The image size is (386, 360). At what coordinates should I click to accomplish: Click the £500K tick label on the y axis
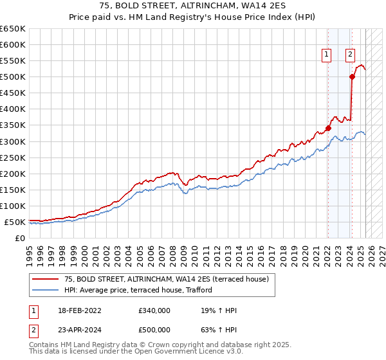pyautogui.click(x=12, y=77)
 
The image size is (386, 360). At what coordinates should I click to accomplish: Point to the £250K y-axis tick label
pyautogui.click(x=12, y=157)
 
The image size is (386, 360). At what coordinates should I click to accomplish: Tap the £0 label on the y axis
pyautogui.click(x=19, y=238)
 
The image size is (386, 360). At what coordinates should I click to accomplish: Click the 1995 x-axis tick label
pyautogui.click(x=30, y=251)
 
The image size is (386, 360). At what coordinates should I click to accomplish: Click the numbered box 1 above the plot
pyautogui.click(x=327, y=55)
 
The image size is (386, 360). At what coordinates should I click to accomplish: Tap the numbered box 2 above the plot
pyautogui.click(x=351, y=55)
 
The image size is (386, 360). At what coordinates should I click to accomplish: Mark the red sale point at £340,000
pyautogui.click(x=328, y=128)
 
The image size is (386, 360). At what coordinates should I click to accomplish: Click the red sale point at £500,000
pyautogui.click(x=352, y=76)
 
